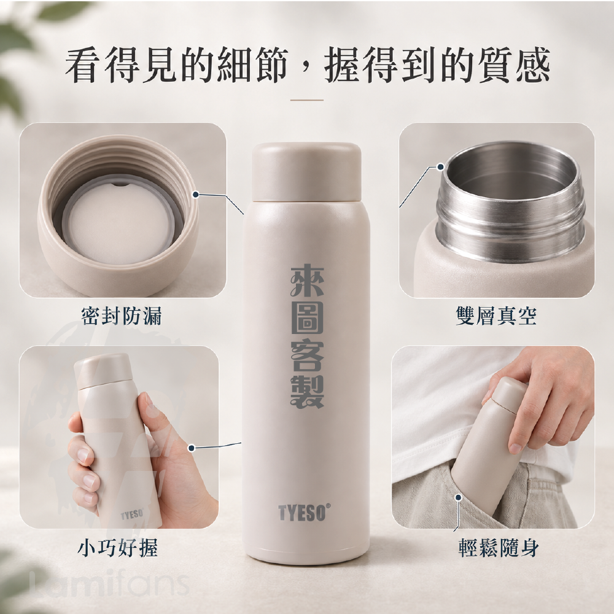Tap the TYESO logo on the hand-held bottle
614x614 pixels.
click(x=132, y=513)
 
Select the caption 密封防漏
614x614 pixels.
click(x=122, y=316)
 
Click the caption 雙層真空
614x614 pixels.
click(x=497, y=316)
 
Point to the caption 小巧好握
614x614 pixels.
click(x=117, y=548)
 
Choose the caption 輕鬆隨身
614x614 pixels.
click(x=499, y=548)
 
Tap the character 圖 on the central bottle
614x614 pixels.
click(x=307, y=319)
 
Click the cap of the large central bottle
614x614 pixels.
click(x=306, y=173)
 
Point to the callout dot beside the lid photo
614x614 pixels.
click(x=196, y=194)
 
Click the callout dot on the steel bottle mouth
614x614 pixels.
click(x=440, y=167)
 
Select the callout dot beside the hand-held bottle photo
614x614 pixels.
click(x=192, y=448)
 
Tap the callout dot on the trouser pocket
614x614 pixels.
click(x=458, y=497)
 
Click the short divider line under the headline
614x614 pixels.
click(x=306, y=100)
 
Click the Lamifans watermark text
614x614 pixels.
click(x=110, y=584)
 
